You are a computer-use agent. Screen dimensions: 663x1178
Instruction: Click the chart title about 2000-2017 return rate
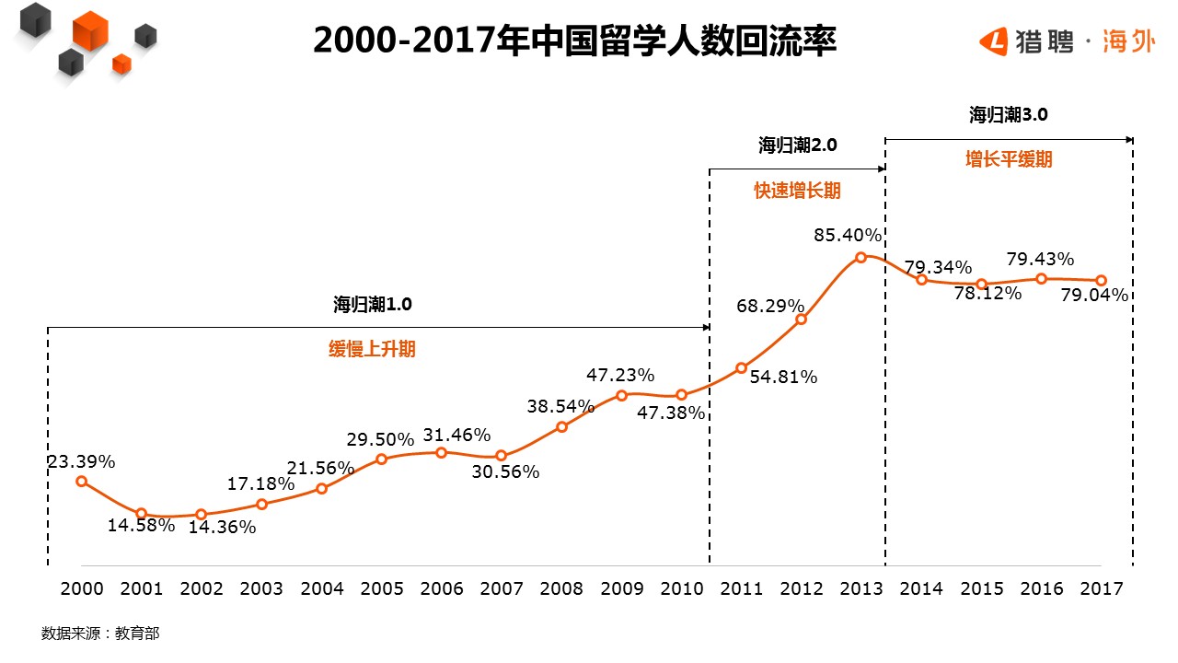coord(574,41)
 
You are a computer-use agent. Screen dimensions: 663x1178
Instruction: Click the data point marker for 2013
coord(860,258)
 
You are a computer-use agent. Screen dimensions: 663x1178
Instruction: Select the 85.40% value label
coord(848,236)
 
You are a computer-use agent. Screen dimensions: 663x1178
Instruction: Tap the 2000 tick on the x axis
coord(81,589)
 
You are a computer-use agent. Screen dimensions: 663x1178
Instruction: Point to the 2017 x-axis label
coord(1102,589)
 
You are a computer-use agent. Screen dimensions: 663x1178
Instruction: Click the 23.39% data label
coord(81,462)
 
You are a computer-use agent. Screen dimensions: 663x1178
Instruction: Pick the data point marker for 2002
coord(202,515)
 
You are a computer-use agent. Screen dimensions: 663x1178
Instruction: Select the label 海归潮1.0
coord(372,306)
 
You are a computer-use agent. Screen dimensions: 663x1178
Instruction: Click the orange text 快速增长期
coord(797,191)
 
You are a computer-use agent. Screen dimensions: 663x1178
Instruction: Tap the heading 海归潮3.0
coord(1008,115)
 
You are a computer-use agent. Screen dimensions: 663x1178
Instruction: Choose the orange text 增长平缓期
coord(1008,159)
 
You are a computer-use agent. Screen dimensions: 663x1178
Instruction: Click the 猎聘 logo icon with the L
coord(994,41)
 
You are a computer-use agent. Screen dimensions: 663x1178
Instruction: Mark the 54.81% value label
coord(783,377)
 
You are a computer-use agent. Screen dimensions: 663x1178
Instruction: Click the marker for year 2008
coord(561,426)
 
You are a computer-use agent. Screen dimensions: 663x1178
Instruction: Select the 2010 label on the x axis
coord(681,589)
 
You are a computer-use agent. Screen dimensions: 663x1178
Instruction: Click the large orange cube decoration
coord(90,31)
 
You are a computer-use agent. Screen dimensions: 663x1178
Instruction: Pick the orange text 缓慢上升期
coord(372,350)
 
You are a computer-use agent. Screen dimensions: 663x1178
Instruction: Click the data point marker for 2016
coord(1041,278)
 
